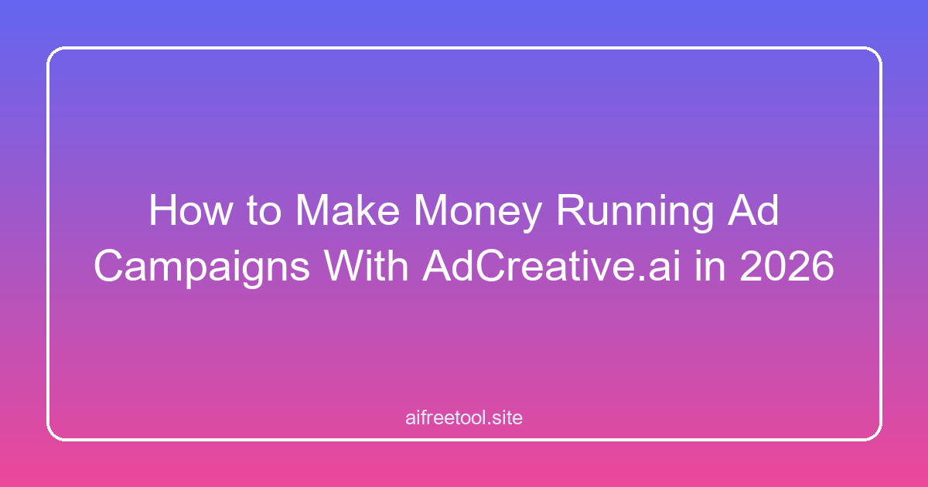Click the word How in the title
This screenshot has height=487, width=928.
pyautogui.click(x=191, y=210)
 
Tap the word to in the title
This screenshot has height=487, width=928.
pyautogui.click(x=264, y=211)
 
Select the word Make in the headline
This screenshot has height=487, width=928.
pyautogui.click(x=348, y=210)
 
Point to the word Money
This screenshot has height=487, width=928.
pyautogui.click(x=478, y=213)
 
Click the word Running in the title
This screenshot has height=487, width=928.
pyautogui.click(x=635, y=213)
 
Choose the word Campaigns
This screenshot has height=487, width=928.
pyautogui.click(x=202, y=268)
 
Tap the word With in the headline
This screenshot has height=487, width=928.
pyautogui.click(x=367, y=265)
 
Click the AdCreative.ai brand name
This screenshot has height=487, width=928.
pyautogui.click(x=551, y=265)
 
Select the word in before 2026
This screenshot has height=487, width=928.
pyautogui.click(x=710, y=265)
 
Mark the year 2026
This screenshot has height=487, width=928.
pyautogui.click(x=786, y=265)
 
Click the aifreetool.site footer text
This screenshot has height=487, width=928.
pyautogui.click(x=464, y=418)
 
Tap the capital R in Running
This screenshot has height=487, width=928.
pyautogui.click(x=571, y=210)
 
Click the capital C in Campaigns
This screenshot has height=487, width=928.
pyautogui.click(x=109, y=265)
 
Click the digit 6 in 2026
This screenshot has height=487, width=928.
pyautogui.click(x=822, y=265)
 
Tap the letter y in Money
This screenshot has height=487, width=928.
pyautogui.click(x=531, y=218)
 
